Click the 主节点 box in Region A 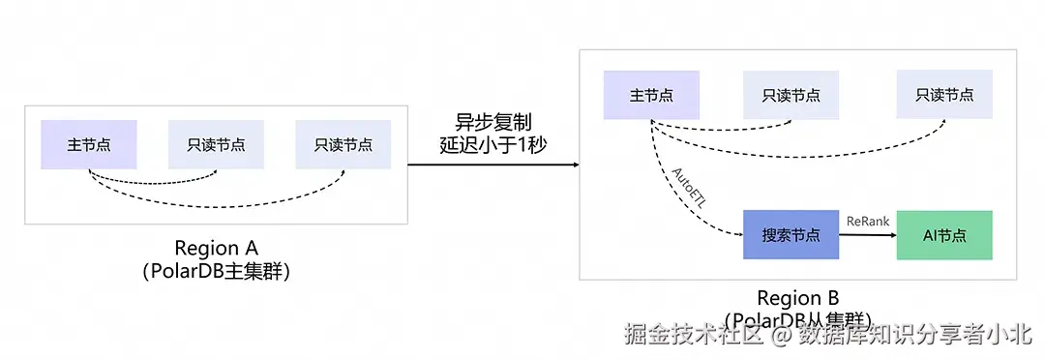[x=88, y=145]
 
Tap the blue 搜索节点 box [x=791, y=234]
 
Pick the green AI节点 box [x=944, y=234]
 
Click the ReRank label [x=867, y=221]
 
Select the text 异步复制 [x=493, y=123]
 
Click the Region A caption [x=216, y=248]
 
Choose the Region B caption [x=798, y=297]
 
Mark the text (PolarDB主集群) [x=216, y=272]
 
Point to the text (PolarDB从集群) [x=798, y=318]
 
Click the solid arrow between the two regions [x=493, y=165]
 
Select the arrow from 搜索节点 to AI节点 [x=867, y=235]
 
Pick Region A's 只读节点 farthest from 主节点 [x=343, y=145]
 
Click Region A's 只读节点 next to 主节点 [x=216, y=145]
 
